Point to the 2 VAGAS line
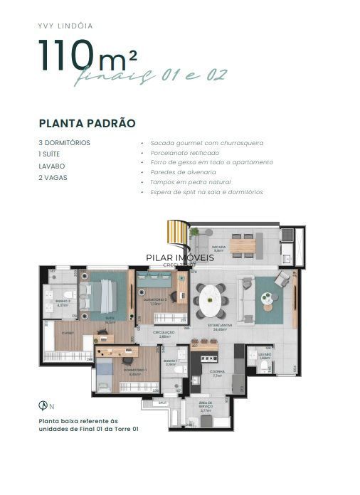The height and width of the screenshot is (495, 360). pos(53,177)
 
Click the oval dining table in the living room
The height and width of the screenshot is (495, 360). pos(211,299)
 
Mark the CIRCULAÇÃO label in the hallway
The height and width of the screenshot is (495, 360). pos(164,333)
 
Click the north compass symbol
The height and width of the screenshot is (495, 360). pos(43,405)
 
